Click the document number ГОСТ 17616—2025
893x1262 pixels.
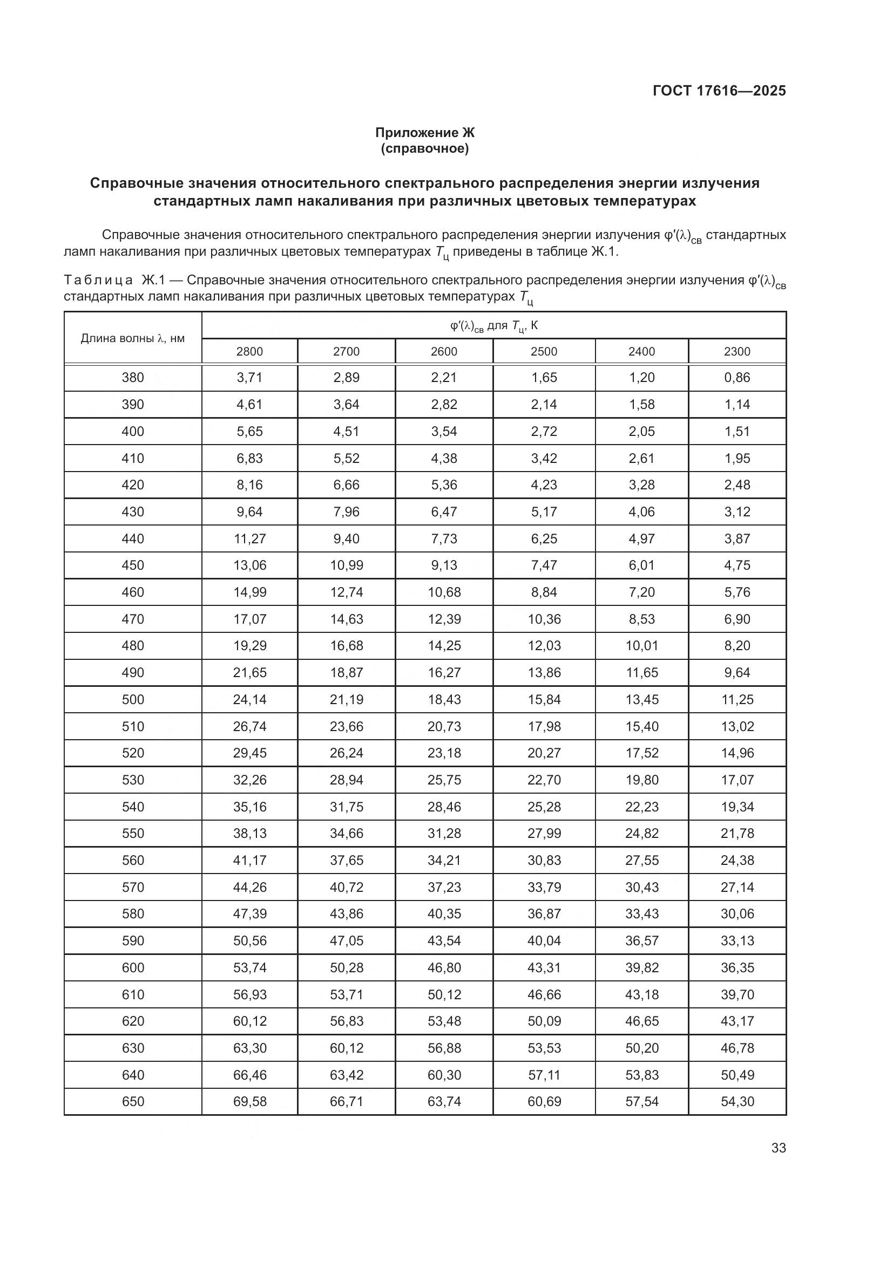[x=719, y=91]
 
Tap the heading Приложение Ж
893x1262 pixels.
[x=424, y=133]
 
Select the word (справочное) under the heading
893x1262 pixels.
[x=424, y=148]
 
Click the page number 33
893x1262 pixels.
[x=778, y=1148]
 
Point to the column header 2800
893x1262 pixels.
[x=249, y=351]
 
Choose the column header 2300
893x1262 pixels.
[x=737, y=351]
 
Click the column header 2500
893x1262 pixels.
[x=544, y=351]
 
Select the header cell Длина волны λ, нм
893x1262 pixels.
[x=132, y=338]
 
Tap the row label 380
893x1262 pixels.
[x=132, y=378]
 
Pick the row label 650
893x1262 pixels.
[x=132, y=1102]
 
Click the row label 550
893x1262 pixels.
[x=132, y=833]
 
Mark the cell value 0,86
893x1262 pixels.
[x=737, y=378]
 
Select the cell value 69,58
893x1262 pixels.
[x=249, y=1102]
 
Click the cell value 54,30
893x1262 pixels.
[x=737, y=1102]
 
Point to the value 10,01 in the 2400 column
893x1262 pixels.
[x=641, y=645]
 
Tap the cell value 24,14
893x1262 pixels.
[x=249, y=699]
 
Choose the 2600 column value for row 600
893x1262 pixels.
[x=444, y=967]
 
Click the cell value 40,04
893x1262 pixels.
[x=544, y=940]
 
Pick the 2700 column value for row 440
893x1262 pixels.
[x=347, y=538]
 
